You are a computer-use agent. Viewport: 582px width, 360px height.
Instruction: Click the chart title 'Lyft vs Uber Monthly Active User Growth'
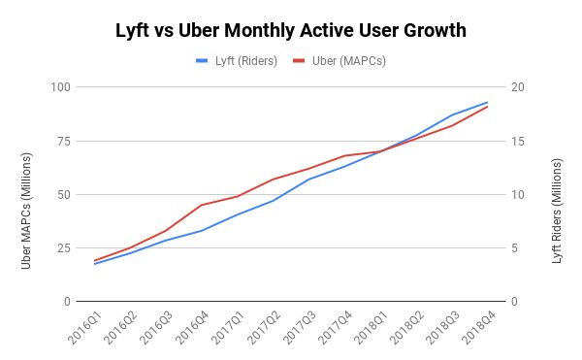click(291, 30)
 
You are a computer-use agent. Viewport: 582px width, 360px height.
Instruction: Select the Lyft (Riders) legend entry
click(237, 60)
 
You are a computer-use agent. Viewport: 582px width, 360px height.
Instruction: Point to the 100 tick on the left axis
click(61, 87)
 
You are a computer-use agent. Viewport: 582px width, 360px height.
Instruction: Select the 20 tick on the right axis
click(518, 87)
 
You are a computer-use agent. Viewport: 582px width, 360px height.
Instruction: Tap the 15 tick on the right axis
click(518, 141)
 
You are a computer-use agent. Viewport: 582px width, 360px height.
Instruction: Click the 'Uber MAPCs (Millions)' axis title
click(27, 194)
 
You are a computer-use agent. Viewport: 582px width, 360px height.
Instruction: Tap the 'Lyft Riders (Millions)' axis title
click(557, 194)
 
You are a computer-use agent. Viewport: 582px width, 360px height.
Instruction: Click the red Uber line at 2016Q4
click(202, 205)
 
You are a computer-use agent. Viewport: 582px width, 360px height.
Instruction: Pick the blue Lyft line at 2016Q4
click(202, 231)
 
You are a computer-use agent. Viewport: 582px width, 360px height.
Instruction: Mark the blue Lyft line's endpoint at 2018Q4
click(487, 102)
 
